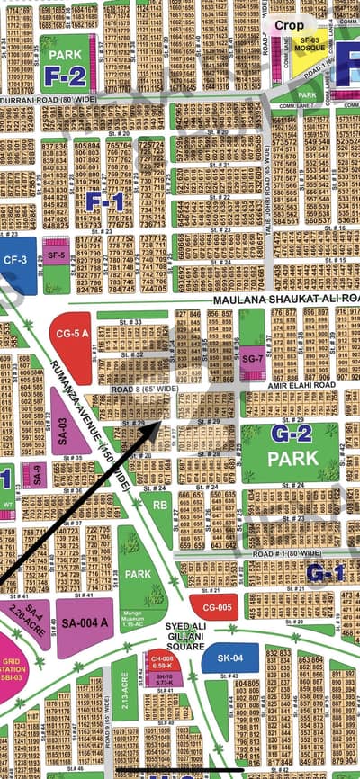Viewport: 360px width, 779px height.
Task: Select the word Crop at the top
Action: click(289, 25)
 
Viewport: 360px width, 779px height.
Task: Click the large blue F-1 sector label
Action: click(104, 202)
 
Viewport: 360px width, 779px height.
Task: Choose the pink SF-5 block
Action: click(56, 255)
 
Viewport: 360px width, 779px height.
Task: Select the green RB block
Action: click(159, 506)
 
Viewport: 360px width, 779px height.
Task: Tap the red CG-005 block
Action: click(213, 607)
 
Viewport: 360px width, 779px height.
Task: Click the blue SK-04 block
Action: click(223, 658)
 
